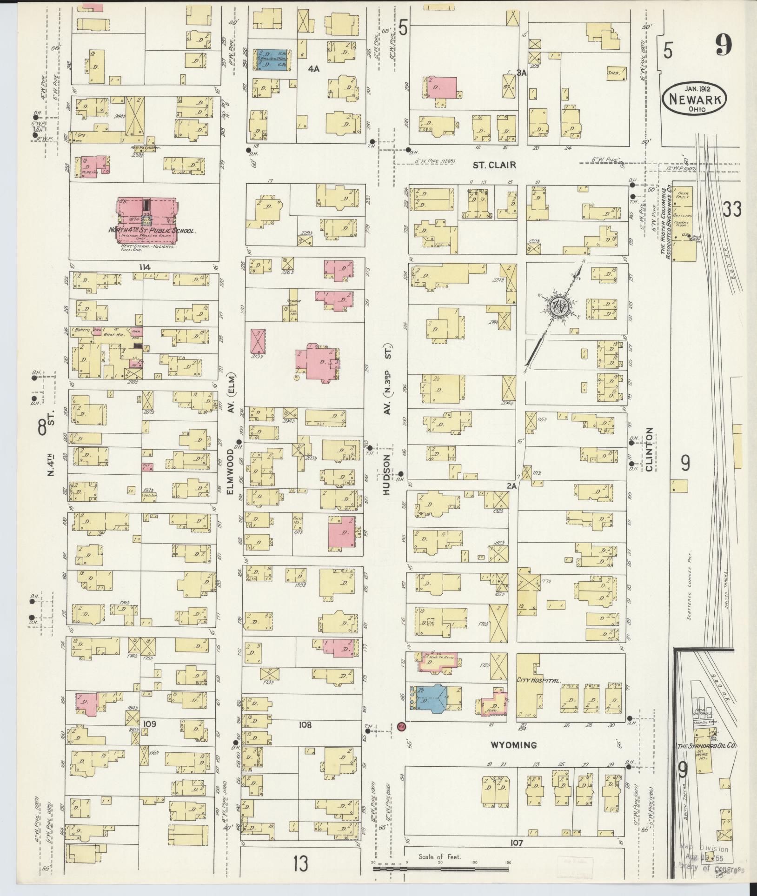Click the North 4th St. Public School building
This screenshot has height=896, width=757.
pos(146,221)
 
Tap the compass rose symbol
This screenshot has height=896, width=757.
pos(556,305)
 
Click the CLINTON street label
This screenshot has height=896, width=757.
pos(649,449)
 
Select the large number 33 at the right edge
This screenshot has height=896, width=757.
pos(732,210)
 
